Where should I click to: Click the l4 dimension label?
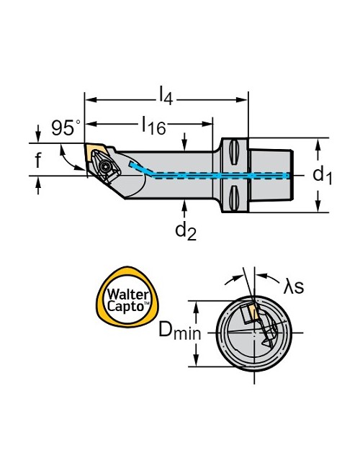(x=166, y=95)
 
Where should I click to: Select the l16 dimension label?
(x=154, y=125)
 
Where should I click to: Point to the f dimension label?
(x=38, y=160)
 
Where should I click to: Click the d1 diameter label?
(x=323, y=174)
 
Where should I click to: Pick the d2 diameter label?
(x=186, y=230)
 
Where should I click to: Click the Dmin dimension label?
(x=180, y=331)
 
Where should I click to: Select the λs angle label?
(x=294, y=286)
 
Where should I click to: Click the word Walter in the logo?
(x=127, y=294)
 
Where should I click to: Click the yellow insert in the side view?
(x=95, y=150)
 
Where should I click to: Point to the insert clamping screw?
(x=105, y=166)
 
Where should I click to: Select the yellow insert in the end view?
(x=253, y=311)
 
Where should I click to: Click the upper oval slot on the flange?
(x=234, y=152)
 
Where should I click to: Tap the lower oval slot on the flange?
(x=234, y=197)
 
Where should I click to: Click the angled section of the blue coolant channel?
(x=140, y=168)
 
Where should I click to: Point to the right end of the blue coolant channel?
(x=288, y=176)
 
